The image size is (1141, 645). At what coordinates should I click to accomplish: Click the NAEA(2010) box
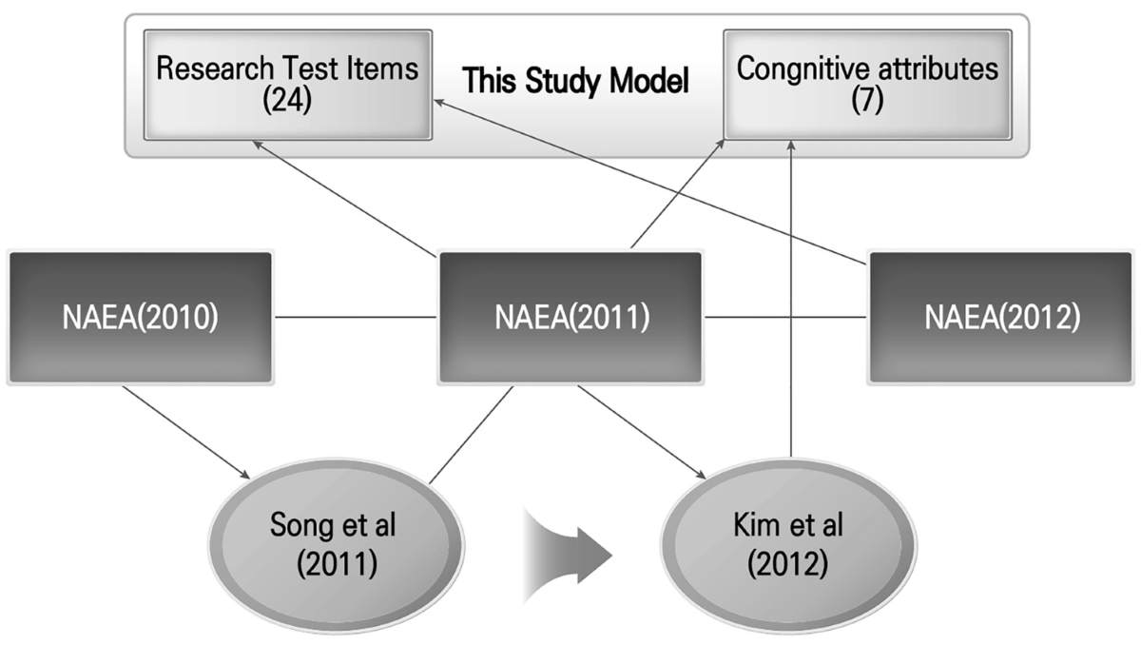140,317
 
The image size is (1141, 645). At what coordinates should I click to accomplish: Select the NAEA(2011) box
570,317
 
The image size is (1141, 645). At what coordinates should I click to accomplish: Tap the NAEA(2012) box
1001,317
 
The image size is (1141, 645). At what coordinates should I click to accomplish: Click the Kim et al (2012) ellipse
789,540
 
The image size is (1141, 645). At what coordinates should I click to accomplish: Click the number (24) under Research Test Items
287,100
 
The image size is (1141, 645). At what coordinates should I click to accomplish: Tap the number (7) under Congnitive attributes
866,100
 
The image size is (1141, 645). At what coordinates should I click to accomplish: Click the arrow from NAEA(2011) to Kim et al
642,430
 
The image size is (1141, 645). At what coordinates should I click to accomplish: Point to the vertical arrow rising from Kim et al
790,304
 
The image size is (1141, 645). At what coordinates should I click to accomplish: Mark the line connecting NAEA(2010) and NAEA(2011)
356,317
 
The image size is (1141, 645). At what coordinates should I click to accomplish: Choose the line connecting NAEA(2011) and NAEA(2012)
785,317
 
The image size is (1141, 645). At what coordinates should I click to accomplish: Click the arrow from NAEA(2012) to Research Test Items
647,181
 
